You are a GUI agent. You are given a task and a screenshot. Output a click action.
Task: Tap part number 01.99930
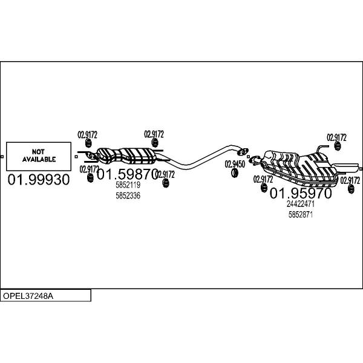(39, 180)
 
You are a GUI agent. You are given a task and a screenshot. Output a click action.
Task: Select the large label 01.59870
(128, 174)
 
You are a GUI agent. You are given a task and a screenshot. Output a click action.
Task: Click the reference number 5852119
(128, 185)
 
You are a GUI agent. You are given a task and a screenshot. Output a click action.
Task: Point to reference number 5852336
(128, 196)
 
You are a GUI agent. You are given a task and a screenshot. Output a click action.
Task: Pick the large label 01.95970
(301, 194)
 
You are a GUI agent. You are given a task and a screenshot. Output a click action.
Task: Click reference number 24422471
(301, 204)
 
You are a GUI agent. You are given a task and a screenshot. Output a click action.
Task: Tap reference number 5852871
(301, 215)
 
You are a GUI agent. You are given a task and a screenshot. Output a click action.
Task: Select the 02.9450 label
(235, 164)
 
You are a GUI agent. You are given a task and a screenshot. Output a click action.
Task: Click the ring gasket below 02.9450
(235, 173)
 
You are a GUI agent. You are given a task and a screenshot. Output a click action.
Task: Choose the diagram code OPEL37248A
(28, 296)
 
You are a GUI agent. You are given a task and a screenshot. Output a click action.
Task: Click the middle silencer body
(126, 156)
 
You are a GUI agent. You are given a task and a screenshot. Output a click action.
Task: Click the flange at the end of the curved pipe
(243, 152)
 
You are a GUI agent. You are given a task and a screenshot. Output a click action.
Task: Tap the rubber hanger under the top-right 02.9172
(338, 146)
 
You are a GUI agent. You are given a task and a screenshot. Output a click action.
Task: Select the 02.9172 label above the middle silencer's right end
(154, 134)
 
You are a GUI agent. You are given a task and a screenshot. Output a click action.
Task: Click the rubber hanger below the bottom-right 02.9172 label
(351, 189)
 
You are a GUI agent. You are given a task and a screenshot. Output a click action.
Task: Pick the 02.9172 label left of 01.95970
(263, 179)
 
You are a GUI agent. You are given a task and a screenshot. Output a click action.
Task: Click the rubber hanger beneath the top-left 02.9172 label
(88, 143)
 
